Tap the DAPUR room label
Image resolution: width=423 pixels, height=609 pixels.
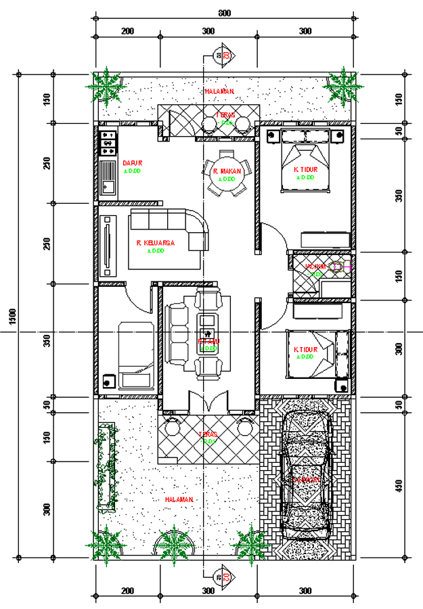[x=131, y=162]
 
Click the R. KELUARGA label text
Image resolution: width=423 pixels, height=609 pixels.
[x=156, y=242]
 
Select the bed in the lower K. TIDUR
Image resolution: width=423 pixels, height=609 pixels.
[x=311, y=352]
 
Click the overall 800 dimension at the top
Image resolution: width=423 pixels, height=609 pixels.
[x=223, y=14]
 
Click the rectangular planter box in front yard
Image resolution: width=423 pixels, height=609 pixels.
[x=105, y=467]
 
